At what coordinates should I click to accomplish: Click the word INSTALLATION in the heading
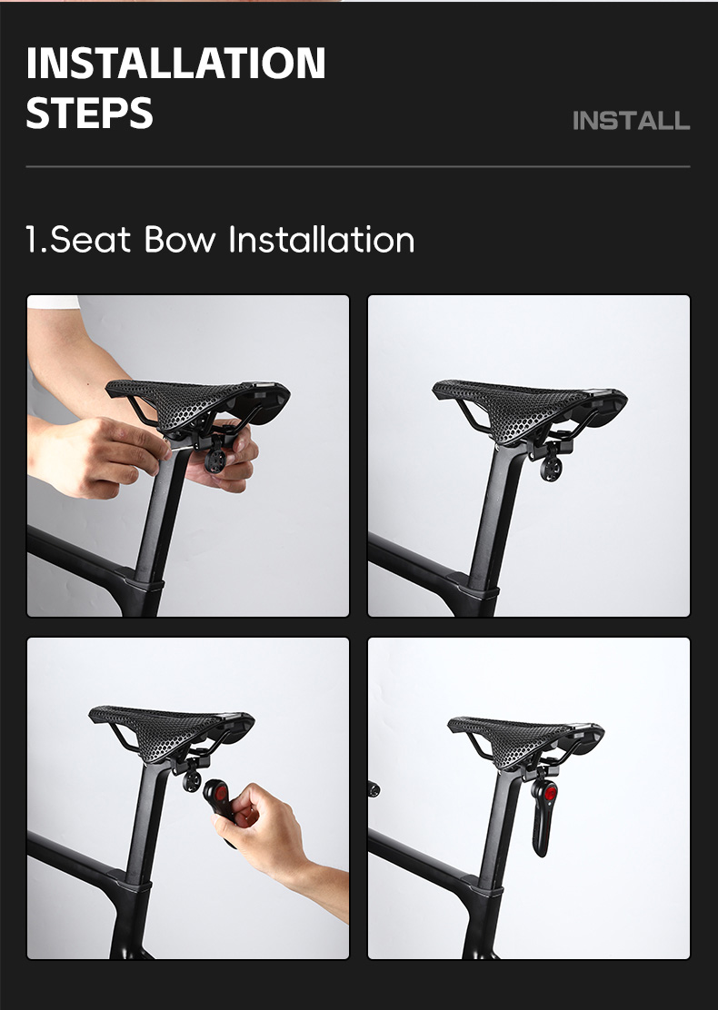175,64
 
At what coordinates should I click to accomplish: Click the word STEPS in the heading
90,114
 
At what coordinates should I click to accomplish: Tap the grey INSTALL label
631,121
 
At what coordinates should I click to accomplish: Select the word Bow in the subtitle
180,240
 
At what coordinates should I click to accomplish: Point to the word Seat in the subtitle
90,240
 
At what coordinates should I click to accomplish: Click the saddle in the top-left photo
197,402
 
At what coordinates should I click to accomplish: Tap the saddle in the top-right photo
530,407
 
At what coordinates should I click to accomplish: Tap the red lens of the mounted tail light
550,793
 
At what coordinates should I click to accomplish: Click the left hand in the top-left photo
96,458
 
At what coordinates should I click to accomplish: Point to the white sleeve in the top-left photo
53,302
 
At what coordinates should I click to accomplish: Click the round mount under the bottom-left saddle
192,781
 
